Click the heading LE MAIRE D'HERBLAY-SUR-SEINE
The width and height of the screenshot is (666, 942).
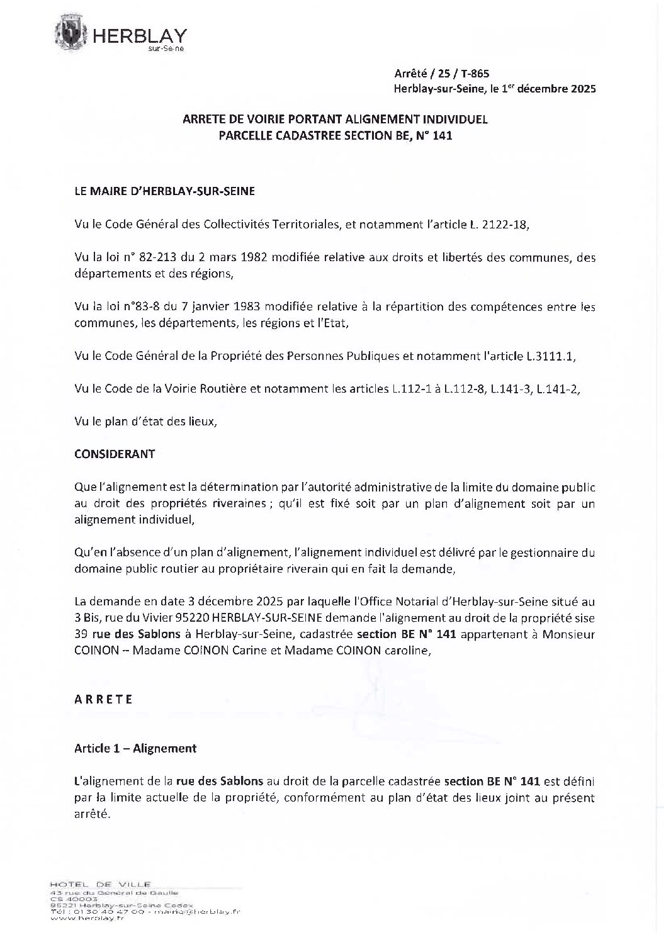164,192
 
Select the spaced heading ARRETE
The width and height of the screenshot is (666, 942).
103,700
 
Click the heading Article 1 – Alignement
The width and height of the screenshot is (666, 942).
135,748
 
